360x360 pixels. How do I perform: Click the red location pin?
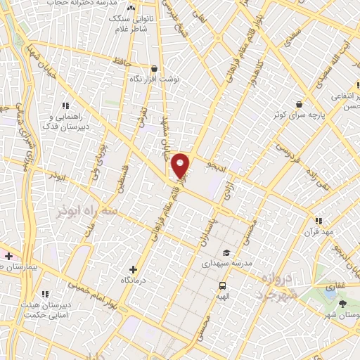click(181, 166)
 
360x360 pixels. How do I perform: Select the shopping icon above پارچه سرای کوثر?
click(300, 103)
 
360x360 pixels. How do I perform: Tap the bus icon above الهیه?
click(222, 285)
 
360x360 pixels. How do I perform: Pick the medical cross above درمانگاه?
click(134, 269)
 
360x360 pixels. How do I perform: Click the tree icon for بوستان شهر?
click(342, 304)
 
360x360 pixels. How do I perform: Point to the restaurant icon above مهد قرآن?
click(319, 221)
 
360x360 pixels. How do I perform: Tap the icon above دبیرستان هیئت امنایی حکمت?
click(46, 294)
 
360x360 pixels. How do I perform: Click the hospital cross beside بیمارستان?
click(8, 256)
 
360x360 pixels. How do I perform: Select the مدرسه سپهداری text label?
click(225, 264)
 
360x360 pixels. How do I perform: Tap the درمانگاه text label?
click(133, 280)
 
